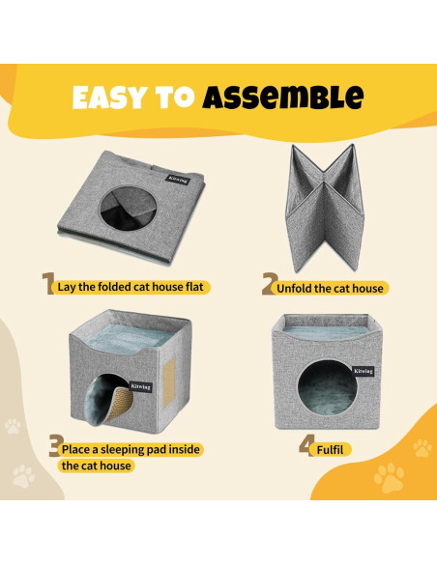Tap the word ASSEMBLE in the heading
pyautogui.click(x=283, y=98)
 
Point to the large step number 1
pyautogui.click(x=47, y=284)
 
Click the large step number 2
pyautogui.click(x=270, y=284)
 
